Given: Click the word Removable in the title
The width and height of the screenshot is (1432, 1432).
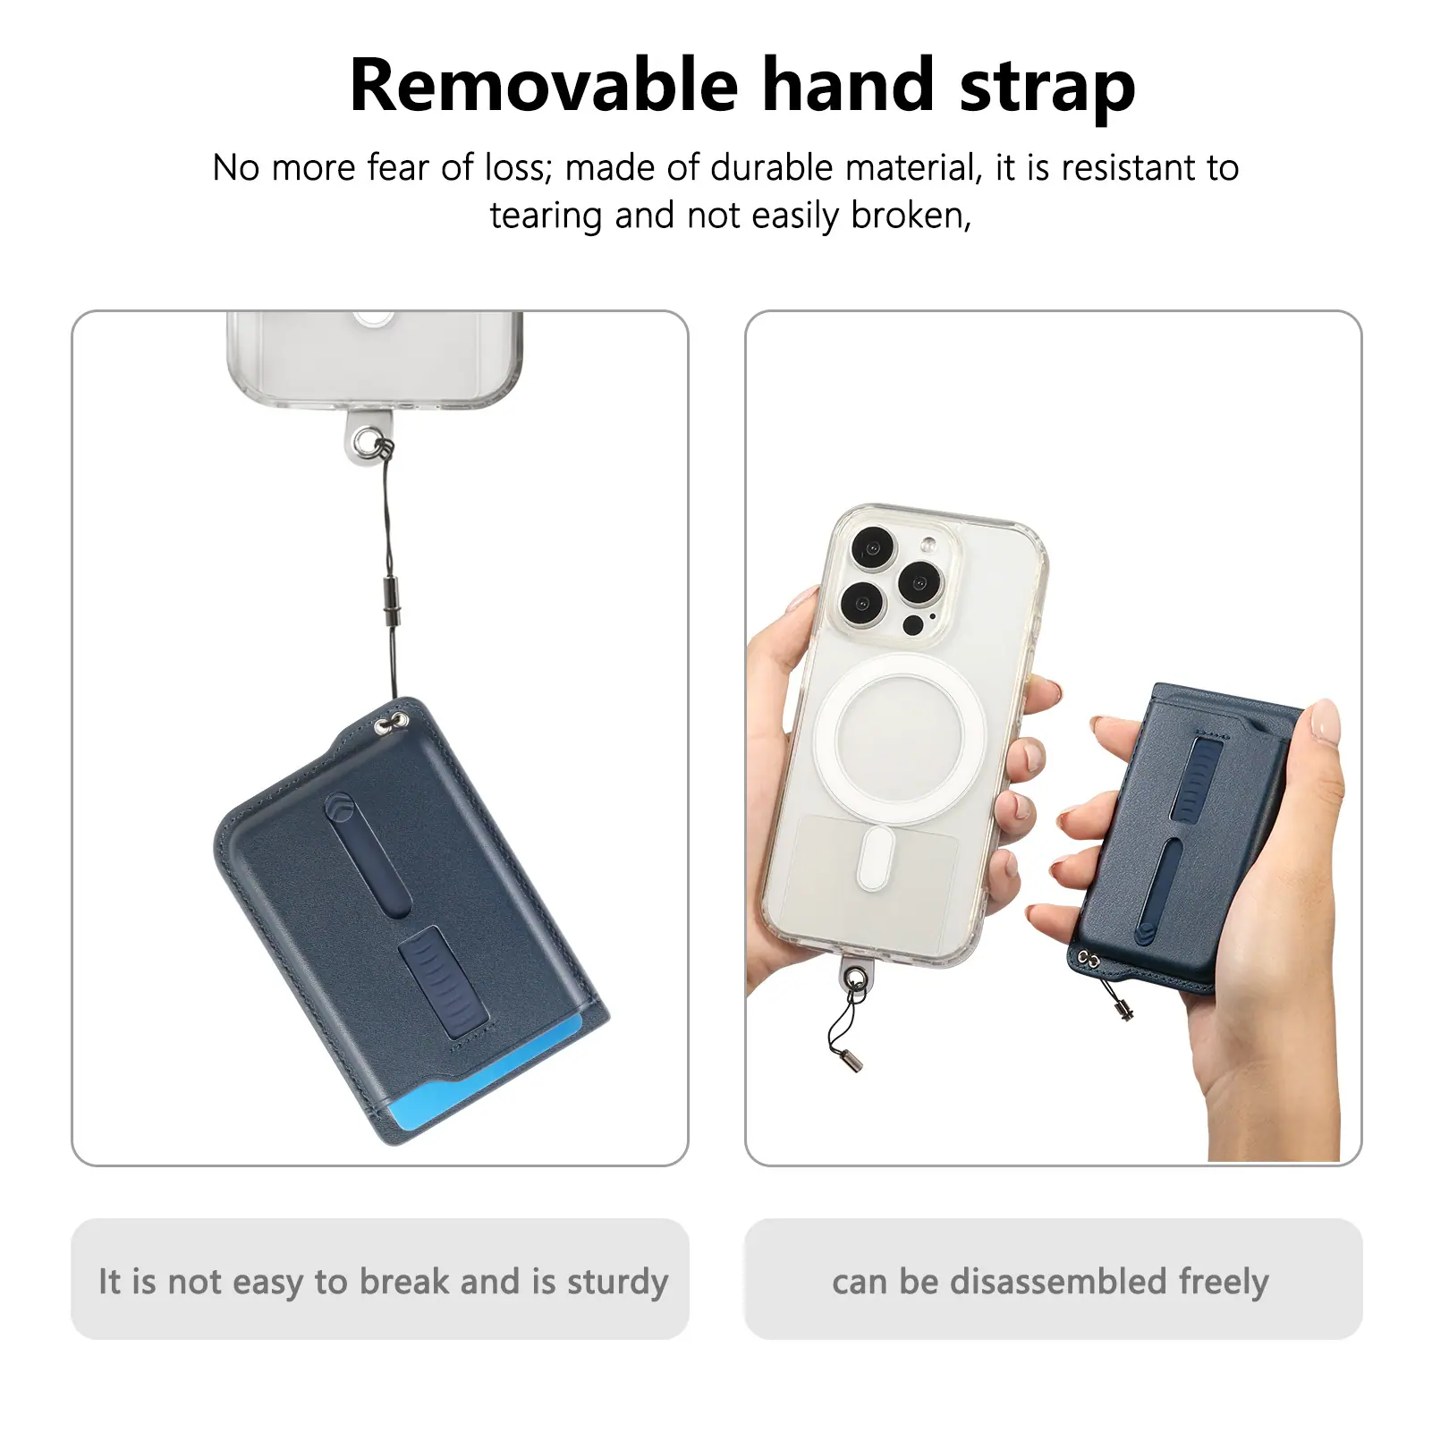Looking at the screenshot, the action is pos(544,85).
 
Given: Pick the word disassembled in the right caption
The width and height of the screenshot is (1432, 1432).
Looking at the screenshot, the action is pos(1058,1281).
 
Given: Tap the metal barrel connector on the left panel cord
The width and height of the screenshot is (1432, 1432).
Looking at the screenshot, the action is pos(391,603).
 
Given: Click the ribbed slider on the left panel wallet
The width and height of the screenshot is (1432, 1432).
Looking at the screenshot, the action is pos(443,981).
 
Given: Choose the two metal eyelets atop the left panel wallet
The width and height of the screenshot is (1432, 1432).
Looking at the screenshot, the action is pos(393,723).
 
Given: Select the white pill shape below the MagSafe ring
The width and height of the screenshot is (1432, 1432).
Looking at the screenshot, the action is pos(875,858).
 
